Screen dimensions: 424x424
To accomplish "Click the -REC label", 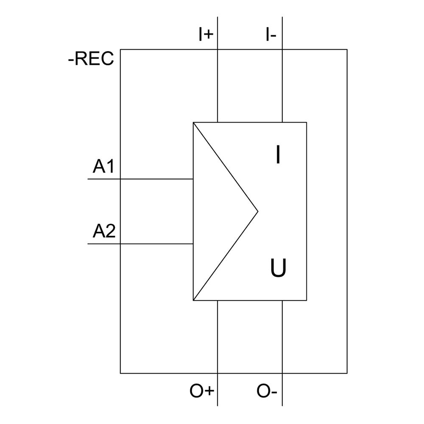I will point(91,59).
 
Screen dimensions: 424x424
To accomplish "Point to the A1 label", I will point(104,167).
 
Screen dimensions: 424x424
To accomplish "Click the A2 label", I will point(104,232).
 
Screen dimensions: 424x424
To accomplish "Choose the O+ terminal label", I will point(202,391).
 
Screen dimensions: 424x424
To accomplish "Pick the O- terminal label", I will point(267,391).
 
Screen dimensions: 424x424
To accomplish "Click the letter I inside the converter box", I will point(278,155).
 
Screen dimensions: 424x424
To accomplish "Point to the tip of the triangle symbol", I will point(258,211).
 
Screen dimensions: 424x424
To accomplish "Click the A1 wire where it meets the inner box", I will point(193,179).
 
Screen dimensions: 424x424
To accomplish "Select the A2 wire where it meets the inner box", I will point(193,244).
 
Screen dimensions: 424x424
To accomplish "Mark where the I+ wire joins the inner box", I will point(218,123).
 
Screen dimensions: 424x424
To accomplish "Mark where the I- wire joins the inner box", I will point(282,123).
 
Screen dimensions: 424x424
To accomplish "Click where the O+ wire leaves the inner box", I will point(218,300).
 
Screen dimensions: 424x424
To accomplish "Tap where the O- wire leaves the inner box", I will point(282,300).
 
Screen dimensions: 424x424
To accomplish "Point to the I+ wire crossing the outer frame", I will point(218,50).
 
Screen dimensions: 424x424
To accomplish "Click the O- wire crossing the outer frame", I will point(282,373).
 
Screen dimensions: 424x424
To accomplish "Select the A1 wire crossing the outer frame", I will point(120,179).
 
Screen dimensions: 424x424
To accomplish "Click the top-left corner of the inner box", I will point(193,123).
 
